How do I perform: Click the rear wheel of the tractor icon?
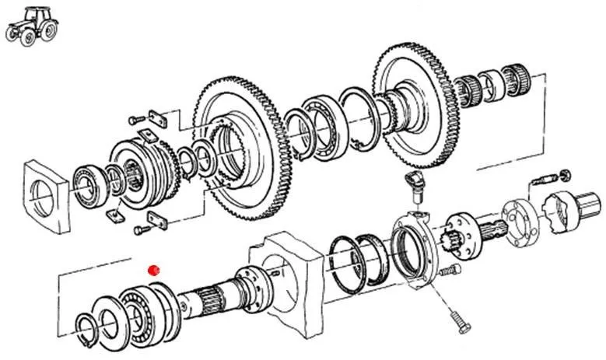pos(47,30)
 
